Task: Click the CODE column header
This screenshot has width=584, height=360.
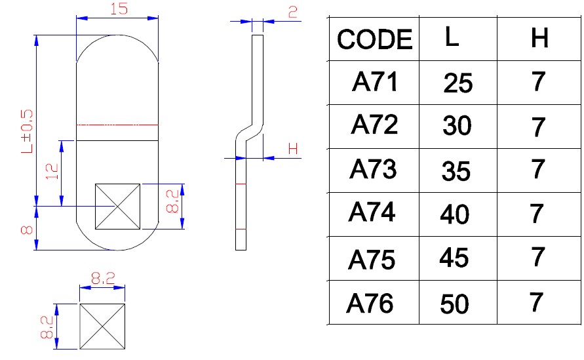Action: coord(375,40)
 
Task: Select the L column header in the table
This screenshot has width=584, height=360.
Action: coord(452,37)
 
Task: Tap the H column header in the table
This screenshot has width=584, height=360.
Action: coord(539,39)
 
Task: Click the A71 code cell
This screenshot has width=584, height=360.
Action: coord(374,83)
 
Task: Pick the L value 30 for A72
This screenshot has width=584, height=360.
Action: coord(457,126)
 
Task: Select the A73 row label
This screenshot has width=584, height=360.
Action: coord(373,169)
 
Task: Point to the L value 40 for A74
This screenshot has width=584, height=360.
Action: coord(456,214)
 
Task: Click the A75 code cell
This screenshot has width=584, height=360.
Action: coord(372,260)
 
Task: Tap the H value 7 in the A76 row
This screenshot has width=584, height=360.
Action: coord(537,303)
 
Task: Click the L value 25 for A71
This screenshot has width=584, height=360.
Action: coord(457,83)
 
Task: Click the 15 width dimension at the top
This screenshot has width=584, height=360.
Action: coord(118,9)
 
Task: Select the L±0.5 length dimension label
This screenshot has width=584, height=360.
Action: coord(26,131)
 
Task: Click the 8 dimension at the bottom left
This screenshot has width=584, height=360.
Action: coord(27,230)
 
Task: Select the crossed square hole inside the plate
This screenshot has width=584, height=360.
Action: coord(117,206)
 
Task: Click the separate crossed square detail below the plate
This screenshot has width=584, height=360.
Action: coord(102,326)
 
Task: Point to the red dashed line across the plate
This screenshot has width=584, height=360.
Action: coord(117,125)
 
